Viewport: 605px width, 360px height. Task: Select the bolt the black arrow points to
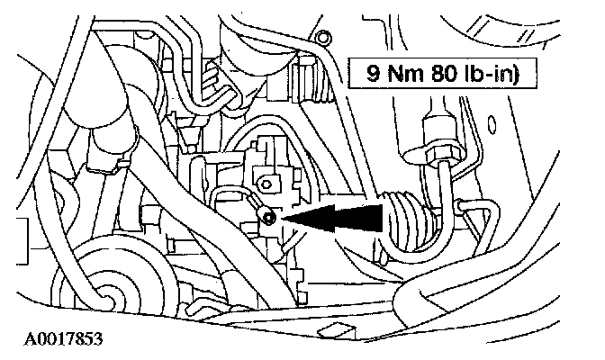[269, 216]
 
